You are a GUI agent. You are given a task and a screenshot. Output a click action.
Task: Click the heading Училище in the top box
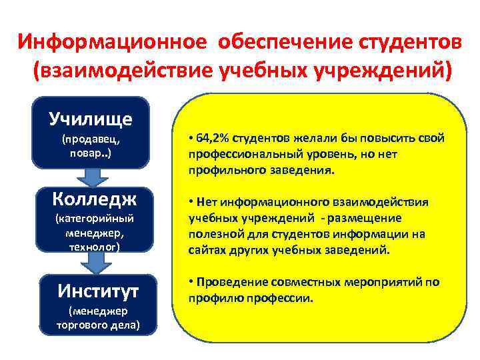(91, 119)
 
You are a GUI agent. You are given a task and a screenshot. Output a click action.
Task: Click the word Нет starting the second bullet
(207, 202)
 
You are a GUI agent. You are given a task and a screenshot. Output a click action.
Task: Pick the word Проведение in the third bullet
(226, 282)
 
